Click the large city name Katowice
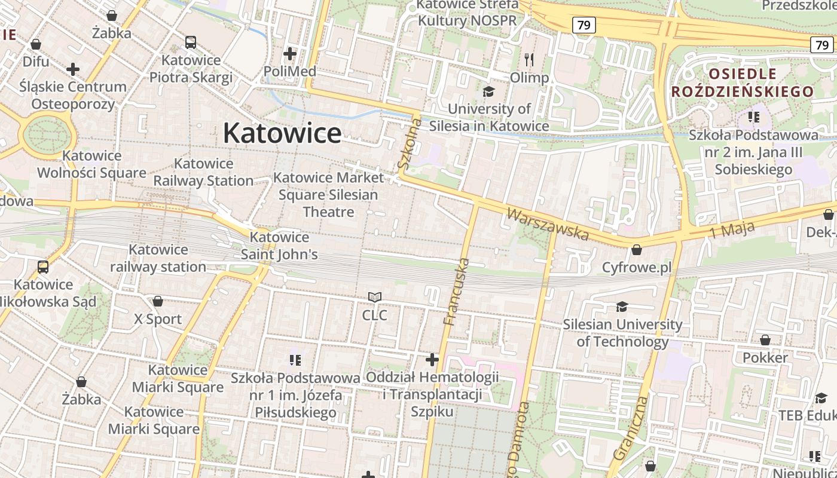point(282,133)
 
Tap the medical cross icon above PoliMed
point(290,54)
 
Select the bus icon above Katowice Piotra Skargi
point(191,42)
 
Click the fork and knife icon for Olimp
point(529,60)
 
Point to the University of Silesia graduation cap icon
point(489,91)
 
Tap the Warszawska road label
point(548,223)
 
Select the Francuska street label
point(456,292)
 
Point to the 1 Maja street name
point(732,229)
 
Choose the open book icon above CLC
point(375,297)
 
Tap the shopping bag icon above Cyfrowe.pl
point(637,250)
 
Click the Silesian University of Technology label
point(622,333)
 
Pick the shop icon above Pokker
point(765,341)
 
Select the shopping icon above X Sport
point(158,301)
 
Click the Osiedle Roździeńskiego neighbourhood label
point(743,82)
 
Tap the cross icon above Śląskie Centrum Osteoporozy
point(73,69)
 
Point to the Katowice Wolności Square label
point(91,164)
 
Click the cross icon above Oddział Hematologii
point(432,360)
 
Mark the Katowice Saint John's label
point(279,246)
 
